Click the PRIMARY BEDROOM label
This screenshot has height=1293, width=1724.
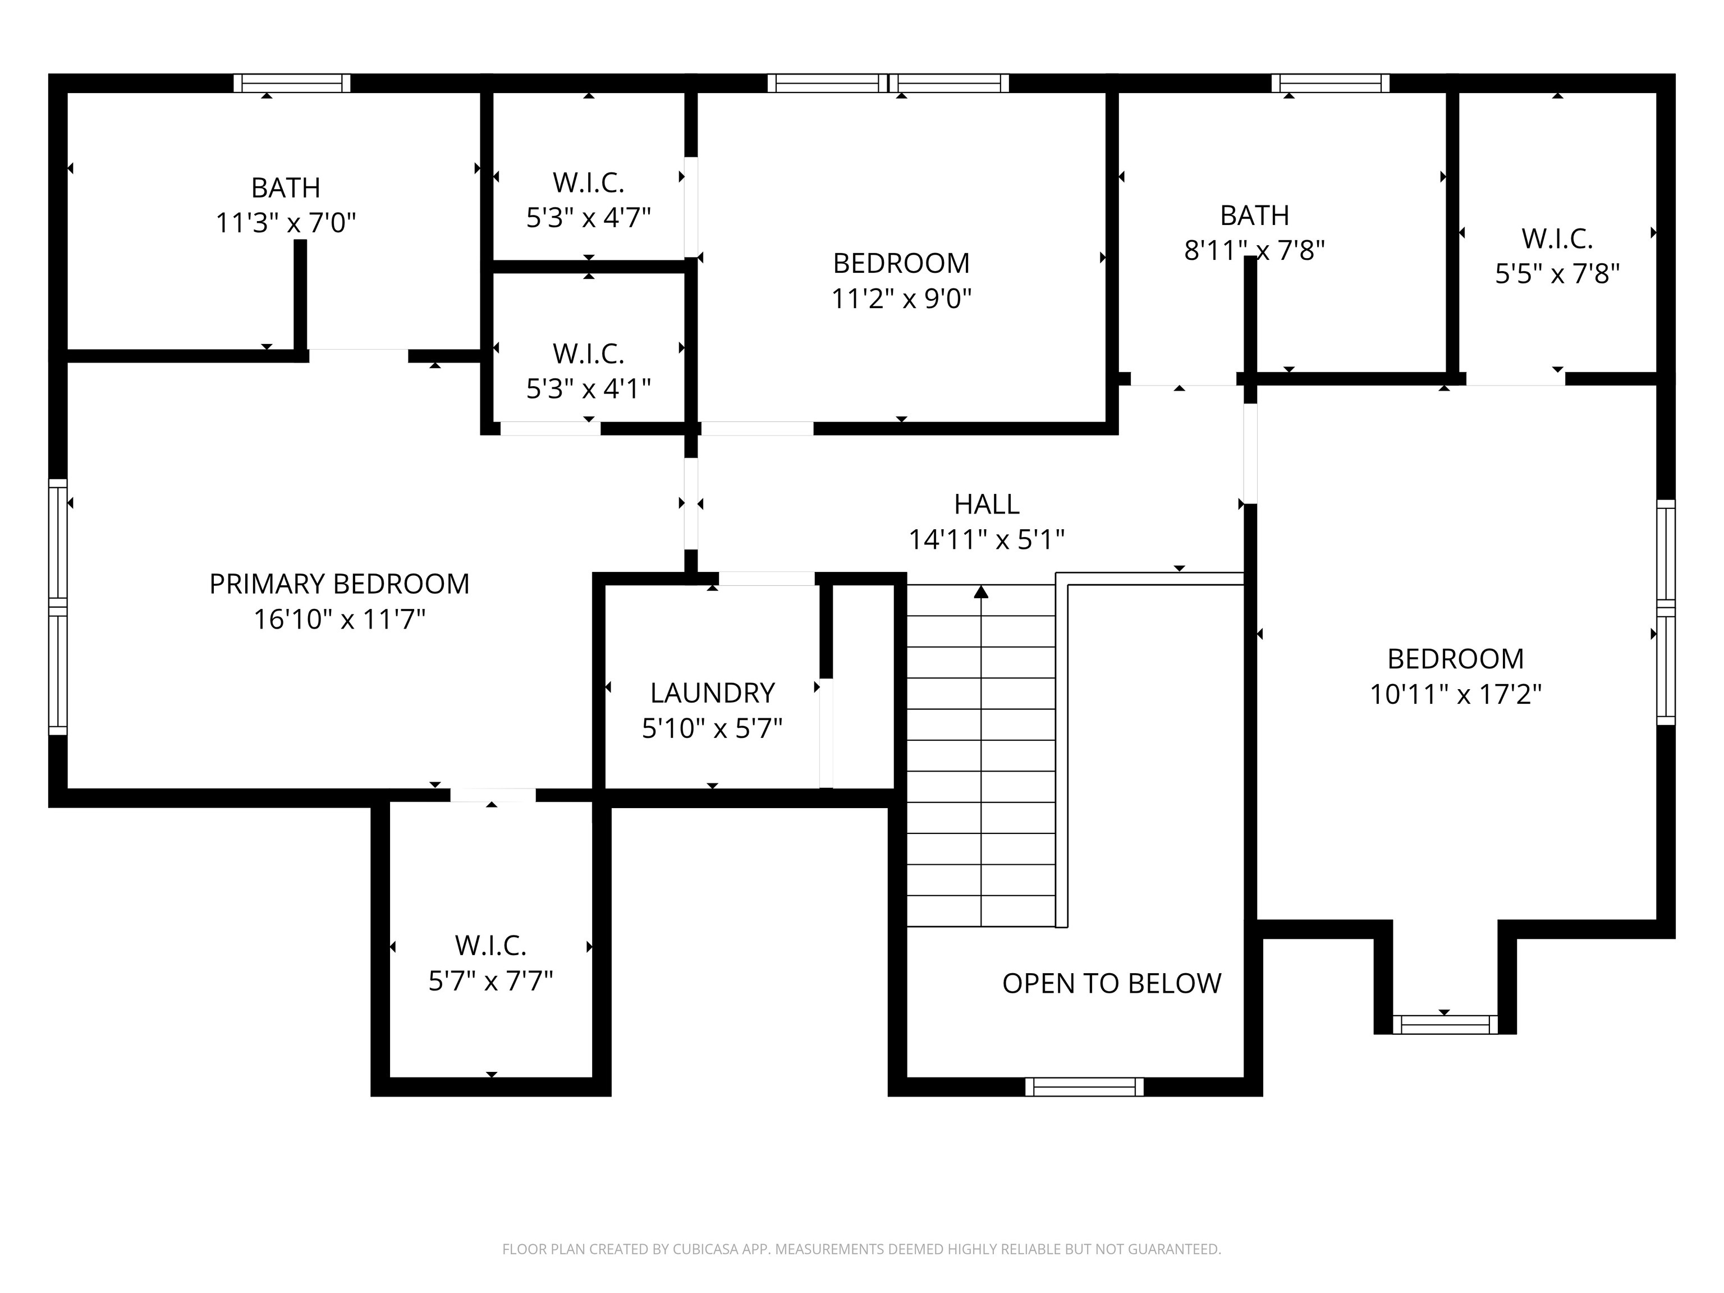point(339,584)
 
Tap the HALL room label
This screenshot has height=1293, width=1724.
point(987,505)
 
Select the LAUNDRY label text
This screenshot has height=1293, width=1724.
point(712,693)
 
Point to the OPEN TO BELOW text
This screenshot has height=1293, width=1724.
point(1111,984)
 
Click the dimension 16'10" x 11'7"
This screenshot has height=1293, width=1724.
point(339,620)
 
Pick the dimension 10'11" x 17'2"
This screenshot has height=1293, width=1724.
point(1456,694)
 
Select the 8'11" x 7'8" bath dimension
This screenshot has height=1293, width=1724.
point(1255,250)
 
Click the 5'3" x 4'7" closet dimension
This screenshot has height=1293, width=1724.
point(589,217)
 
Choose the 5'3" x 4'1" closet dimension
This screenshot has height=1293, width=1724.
point(589,388)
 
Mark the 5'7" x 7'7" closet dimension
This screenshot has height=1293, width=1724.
point(491,980)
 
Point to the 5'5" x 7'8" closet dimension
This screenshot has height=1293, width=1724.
point(1557,273)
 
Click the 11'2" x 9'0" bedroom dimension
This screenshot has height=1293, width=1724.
point(902,299)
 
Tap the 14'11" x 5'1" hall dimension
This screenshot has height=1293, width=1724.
point(987,539)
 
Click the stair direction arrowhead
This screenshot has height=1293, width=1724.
point(981,592)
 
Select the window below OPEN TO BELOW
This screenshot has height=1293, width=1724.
point(1084,1086)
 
